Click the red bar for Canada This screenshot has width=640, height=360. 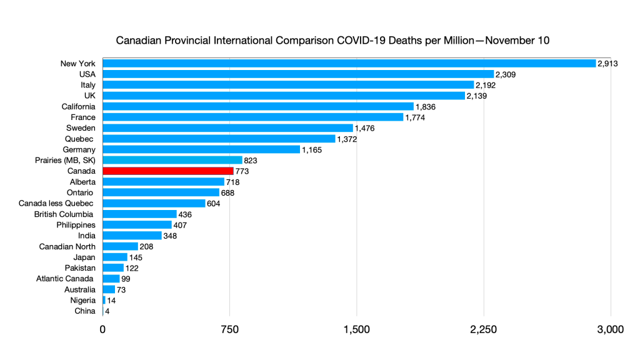click(x=167, y=171)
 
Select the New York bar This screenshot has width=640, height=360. click(x=349, y=63)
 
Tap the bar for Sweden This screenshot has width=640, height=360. click(x=227, y=127)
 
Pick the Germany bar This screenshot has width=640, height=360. click(x=201, y=149)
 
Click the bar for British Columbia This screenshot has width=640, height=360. click(x=139, y=214)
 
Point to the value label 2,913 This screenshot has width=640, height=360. click(x=607, y=64)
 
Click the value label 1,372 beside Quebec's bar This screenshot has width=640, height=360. click(x=347, y=139)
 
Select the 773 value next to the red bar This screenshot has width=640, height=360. click(x=242, y=171)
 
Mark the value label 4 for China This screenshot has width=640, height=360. click(x=107, y=311)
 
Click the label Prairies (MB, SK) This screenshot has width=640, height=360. click(x=66, y=160)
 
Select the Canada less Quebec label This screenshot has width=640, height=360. click(x=56, y=203)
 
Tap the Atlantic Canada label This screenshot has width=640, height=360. click(x=65, y=278)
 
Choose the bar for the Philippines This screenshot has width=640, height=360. click(x=137, y=224)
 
